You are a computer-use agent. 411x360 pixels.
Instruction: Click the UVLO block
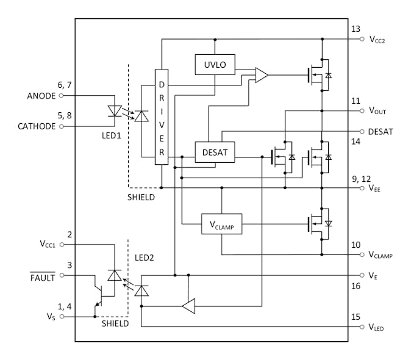(x=215, y=63)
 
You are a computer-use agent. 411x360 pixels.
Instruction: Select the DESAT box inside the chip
(x=215, y=153)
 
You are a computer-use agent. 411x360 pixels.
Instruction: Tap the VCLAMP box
(x=222, y=225)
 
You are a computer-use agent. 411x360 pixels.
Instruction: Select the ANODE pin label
(x=41, y=96)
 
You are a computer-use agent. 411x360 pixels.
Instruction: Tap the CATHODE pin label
(x=36, y=126)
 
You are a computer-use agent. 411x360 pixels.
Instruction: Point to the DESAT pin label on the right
(x=381, y=131)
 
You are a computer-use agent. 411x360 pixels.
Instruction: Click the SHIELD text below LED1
(x=141, y=198)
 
